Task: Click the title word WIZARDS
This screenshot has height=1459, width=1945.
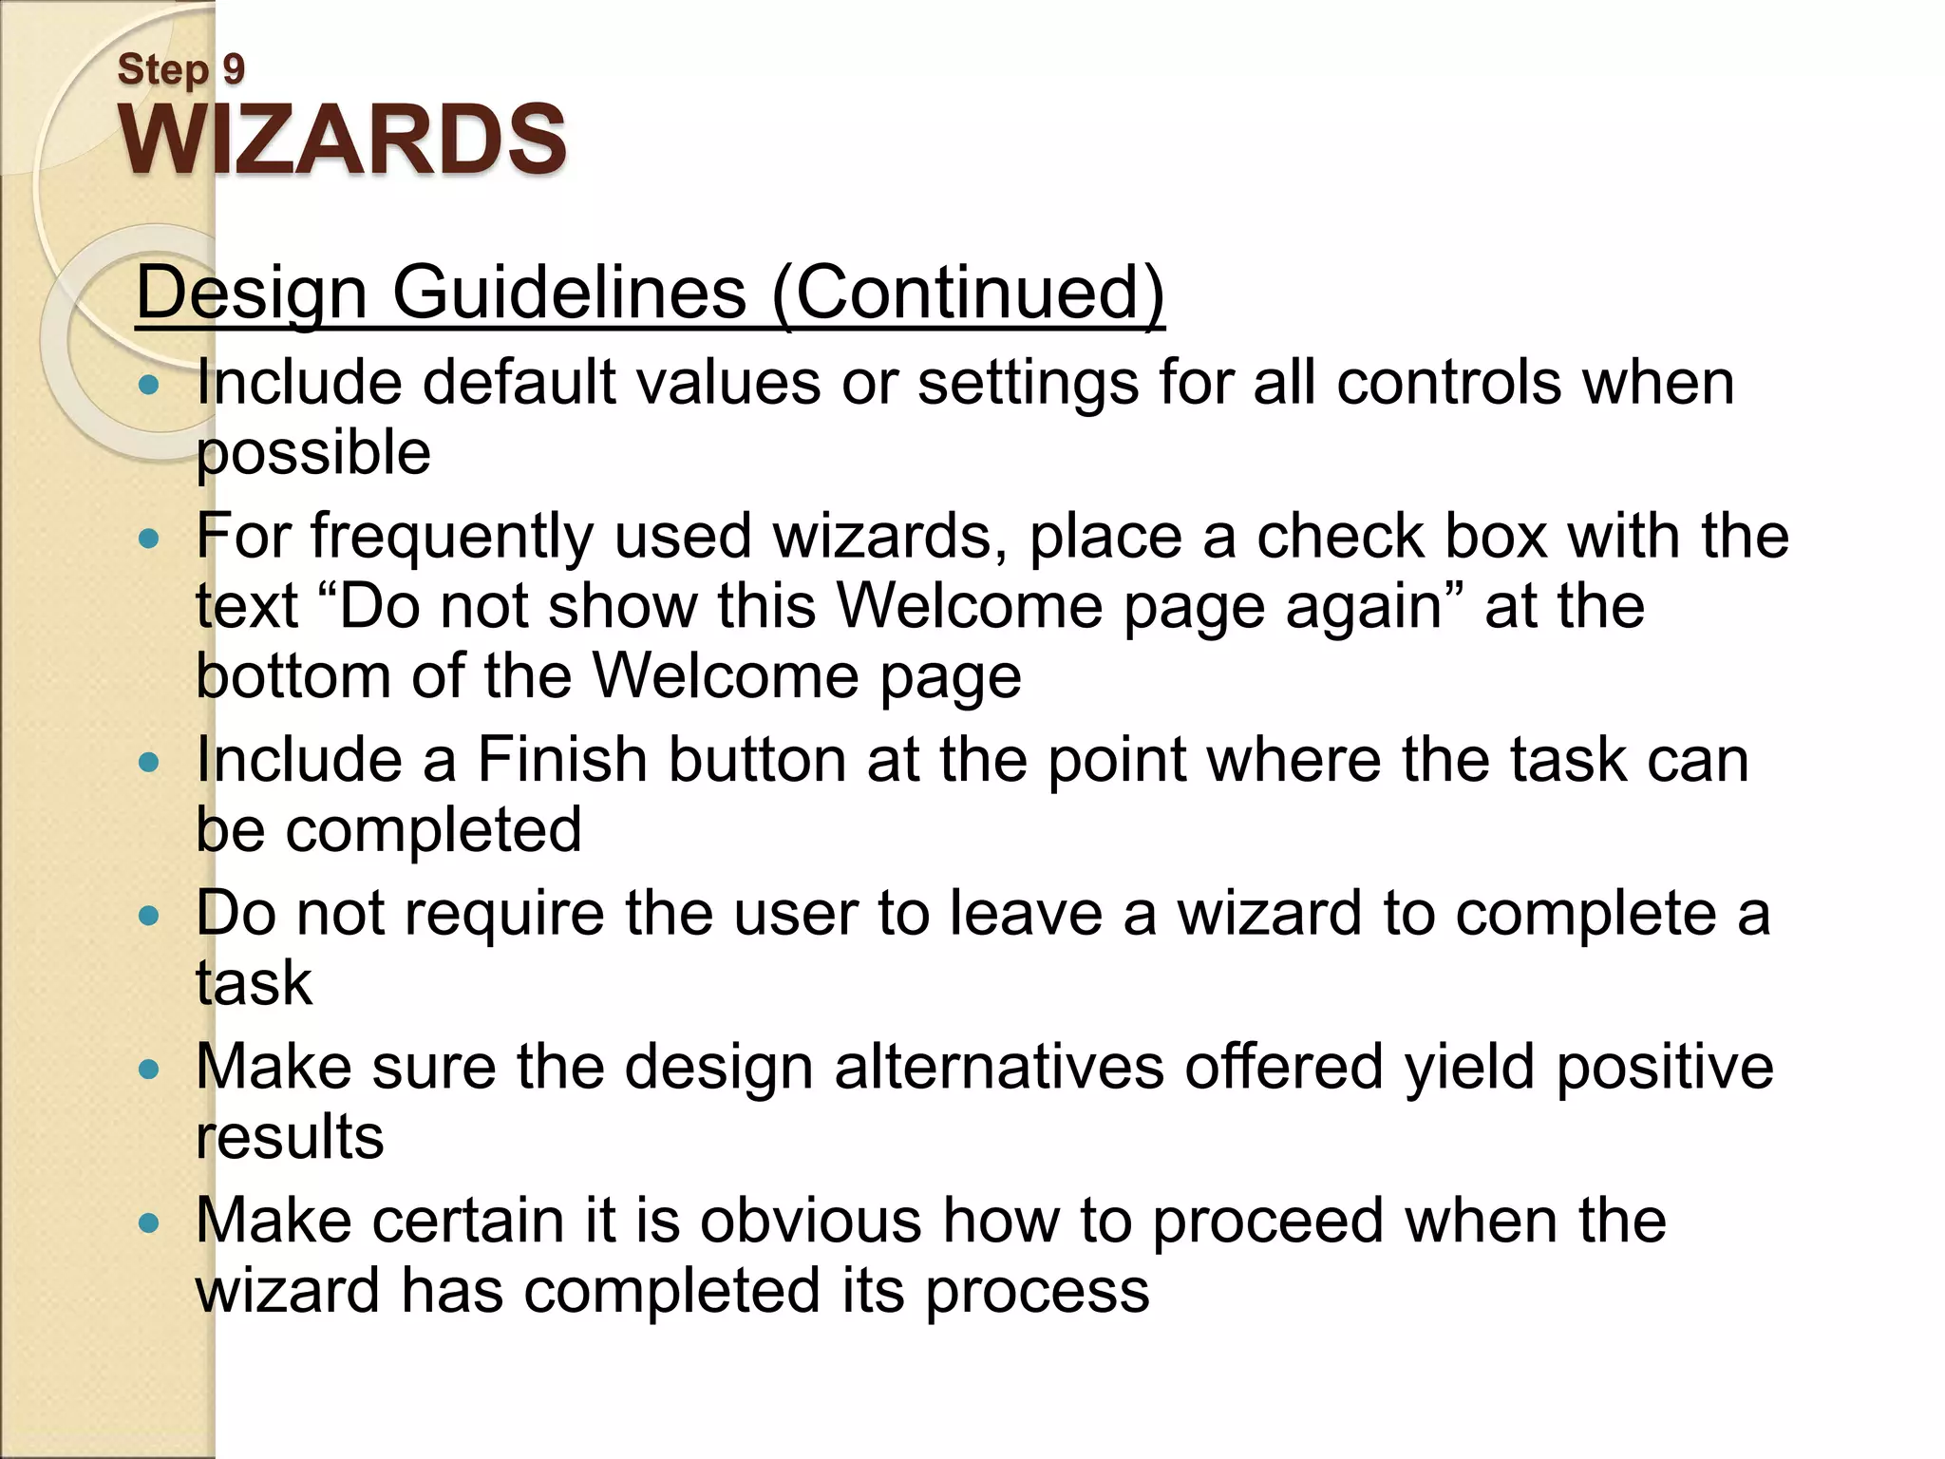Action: click(x=342, y=140)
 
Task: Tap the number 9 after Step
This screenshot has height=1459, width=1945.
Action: click(x=234, y=69)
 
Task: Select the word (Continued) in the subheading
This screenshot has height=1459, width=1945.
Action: click(x=969, y=292)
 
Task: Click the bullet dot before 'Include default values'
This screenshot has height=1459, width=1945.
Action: click(x=148, y=386)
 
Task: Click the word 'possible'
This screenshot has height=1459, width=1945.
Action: click(x=313, y=452)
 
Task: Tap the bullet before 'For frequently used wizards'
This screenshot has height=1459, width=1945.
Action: click(x=148, y=540)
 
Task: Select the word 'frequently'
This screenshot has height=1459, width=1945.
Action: click(x=452, y=536)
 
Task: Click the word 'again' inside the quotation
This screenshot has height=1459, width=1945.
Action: click(x=1364, y=606)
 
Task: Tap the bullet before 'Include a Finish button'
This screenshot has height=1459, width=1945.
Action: click(x=148, y=763)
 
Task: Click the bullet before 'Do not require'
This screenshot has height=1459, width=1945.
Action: click(x=148, y=917)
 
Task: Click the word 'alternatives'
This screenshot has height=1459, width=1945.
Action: click(x=999, y=1068)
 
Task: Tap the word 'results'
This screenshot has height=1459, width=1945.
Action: click(x=290, y=1138)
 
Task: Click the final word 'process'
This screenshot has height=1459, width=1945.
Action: click(x=1037, y=1292)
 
